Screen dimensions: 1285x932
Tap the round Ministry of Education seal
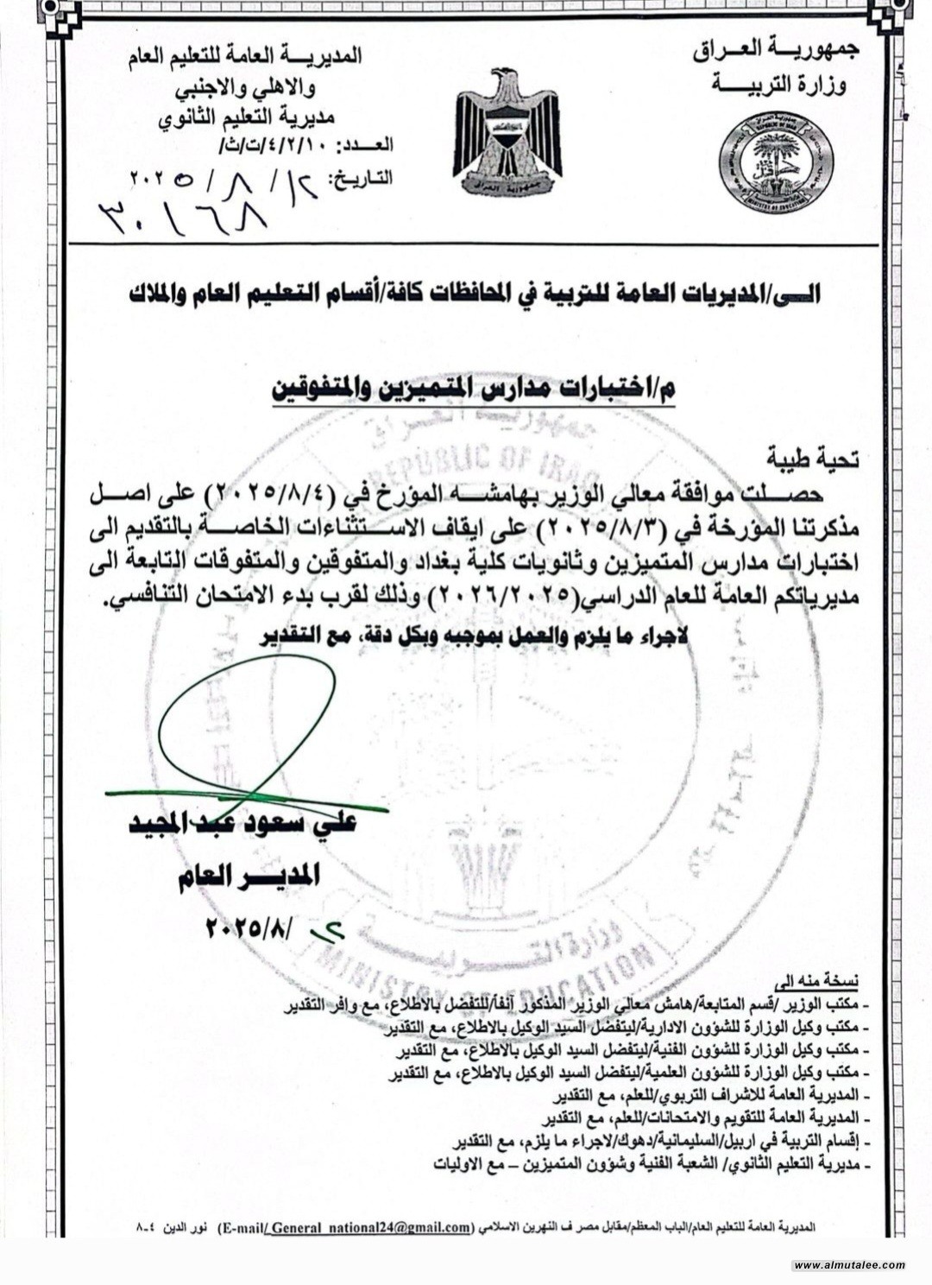776,161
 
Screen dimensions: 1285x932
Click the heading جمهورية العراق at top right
776,51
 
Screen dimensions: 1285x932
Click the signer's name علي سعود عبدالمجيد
242,823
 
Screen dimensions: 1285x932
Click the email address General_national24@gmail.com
371,1227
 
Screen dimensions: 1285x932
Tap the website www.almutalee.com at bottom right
849,1265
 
